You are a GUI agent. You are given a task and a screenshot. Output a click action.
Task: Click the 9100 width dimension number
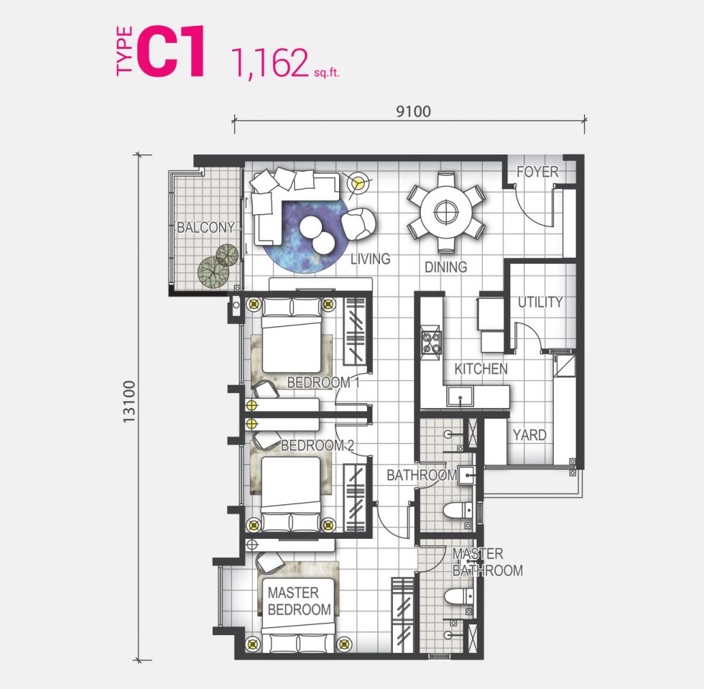click(x=413, y=111)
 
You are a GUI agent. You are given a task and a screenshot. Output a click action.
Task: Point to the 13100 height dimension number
click(x=129, y=402)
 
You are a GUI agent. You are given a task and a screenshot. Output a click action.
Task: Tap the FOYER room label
click(x=537, y=172)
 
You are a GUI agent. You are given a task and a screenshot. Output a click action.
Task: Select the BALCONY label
click(x=205, y=227)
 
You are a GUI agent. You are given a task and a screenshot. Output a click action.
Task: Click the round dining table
click(x=446, y=211)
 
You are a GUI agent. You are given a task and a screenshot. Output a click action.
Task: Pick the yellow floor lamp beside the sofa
click(x=358, y=183)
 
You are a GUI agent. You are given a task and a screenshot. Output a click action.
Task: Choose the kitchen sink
click(x=460, y=396)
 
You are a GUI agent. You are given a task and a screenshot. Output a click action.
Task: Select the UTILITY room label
click(x=540, y=302)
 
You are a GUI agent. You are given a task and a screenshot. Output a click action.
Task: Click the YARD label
click(x=529, y=435)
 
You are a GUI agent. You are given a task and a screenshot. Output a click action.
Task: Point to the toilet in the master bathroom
click(x=458, y=597)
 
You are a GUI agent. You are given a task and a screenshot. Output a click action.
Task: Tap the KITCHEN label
click(x=481, y=369)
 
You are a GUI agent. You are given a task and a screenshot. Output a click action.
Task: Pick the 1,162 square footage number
click(x=269, y=63)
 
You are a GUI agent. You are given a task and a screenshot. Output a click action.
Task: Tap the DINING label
click(x=446, y=267)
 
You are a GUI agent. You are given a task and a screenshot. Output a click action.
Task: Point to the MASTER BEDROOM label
click(x=300, y=601)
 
